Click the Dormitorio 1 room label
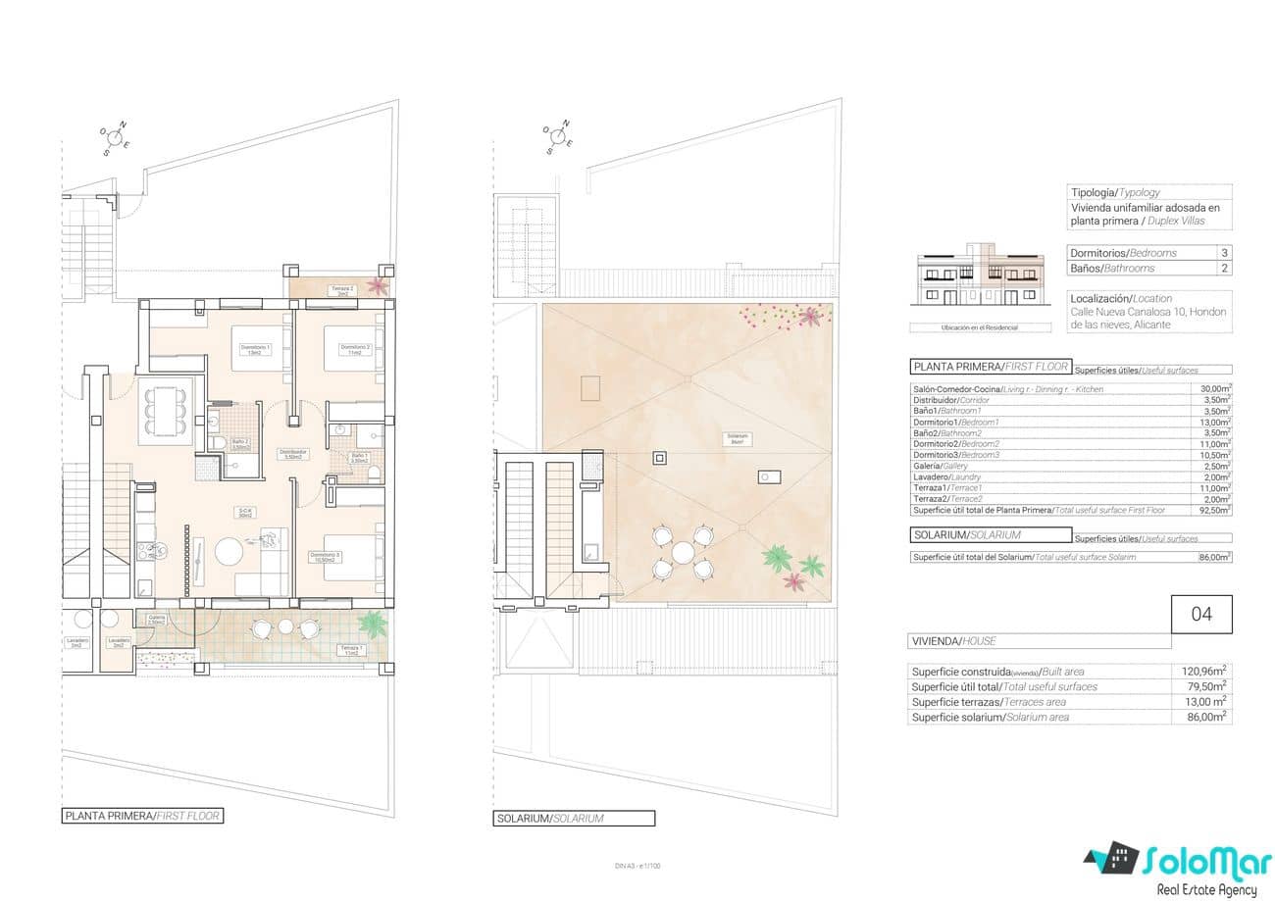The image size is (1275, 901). coord(255,350)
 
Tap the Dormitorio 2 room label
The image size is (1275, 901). coord(354,349)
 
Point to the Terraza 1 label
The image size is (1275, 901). coord(350,650)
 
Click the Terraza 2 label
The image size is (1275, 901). coord(340,290)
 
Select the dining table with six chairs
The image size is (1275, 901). coord(166,411)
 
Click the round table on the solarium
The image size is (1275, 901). coord(682,552)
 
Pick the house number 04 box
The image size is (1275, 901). coord(1201,615)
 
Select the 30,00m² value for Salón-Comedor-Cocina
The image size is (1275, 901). coord(1215,389)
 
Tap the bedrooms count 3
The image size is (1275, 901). coord(1223,253)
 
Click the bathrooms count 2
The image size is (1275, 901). coord(1223,268)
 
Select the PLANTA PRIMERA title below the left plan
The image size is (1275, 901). coord(142,816)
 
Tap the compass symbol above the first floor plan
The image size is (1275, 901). coord(116,139)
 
